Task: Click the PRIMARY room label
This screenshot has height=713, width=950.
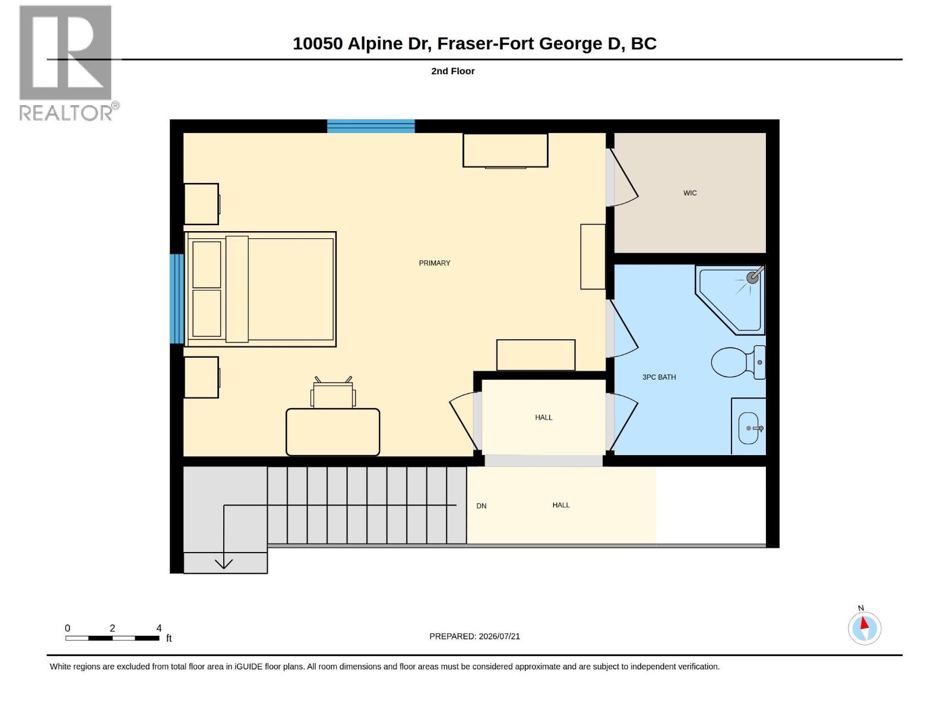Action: pos(434,263)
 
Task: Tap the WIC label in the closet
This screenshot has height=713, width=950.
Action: pos(689,193)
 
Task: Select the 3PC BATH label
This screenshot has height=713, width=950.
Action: pos(658,377)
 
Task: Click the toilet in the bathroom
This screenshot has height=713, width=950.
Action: pos(738,362)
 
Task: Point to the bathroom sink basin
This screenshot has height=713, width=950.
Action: pos(748,428)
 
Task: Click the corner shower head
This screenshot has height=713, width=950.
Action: pos(753,277)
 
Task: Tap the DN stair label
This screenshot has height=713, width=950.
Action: pos(481,506)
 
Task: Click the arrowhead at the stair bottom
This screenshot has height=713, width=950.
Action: pos(224,564)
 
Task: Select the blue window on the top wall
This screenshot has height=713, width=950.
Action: pos(370,126)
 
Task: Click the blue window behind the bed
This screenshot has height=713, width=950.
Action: pos(176,299)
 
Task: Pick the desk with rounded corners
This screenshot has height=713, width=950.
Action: pos(332,431)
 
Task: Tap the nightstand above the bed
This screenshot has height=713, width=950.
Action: pos(201,204)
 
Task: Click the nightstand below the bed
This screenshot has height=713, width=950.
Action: pos(201,377)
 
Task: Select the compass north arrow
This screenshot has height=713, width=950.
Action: pos(864,623)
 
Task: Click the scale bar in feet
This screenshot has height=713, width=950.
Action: pos(112,638)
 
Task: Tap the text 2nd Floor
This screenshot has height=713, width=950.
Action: pos(452,71)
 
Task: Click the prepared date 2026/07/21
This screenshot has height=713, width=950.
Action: pos(499,636)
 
